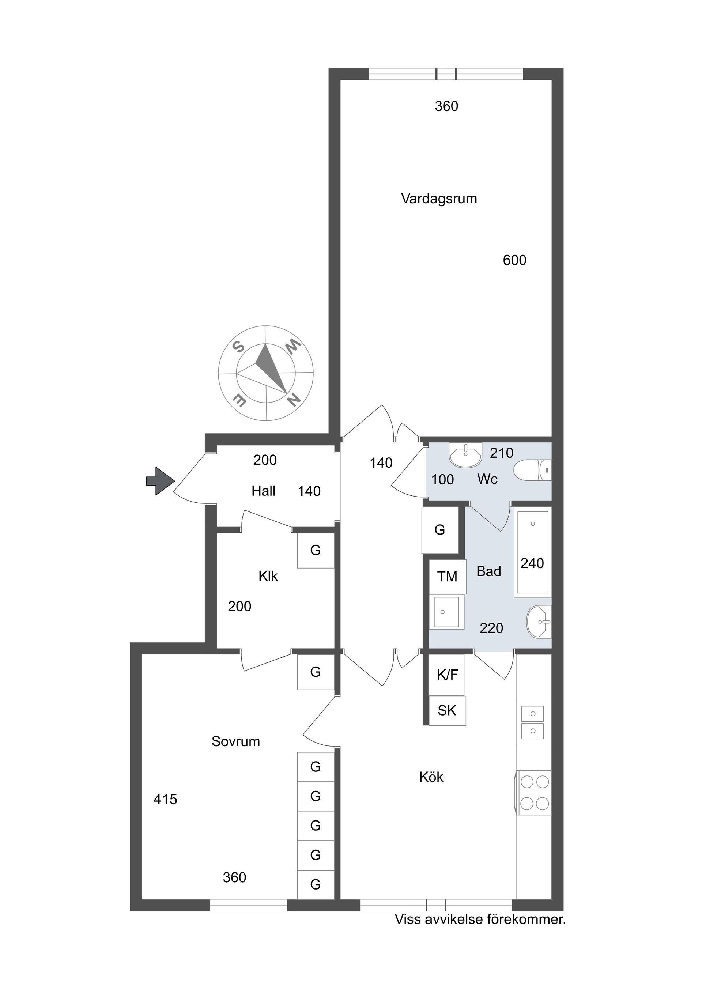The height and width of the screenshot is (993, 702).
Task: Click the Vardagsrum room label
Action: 439,199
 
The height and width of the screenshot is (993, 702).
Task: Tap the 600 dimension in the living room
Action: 514,260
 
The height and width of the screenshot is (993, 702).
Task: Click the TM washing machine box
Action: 447,577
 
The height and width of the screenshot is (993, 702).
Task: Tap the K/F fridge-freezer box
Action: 447,674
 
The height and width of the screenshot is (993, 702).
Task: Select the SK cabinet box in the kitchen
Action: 447,710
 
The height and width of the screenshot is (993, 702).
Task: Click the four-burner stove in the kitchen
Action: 534,792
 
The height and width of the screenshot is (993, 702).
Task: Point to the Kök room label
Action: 431,777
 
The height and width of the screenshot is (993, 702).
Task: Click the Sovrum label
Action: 235,741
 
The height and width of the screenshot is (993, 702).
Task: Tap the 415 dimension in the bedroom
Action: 165,799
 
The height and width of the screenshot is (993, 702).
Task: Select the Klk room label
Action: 268,576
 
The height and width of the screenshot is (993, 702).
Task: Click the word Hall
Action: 263,491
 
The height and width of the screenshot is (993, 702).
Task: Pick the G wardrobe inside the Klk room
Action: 315,550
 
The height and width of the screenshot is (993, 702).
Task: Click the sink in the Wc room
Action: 465,455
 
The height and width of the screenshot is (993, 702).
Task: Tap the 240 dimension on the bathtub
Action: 532,563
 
